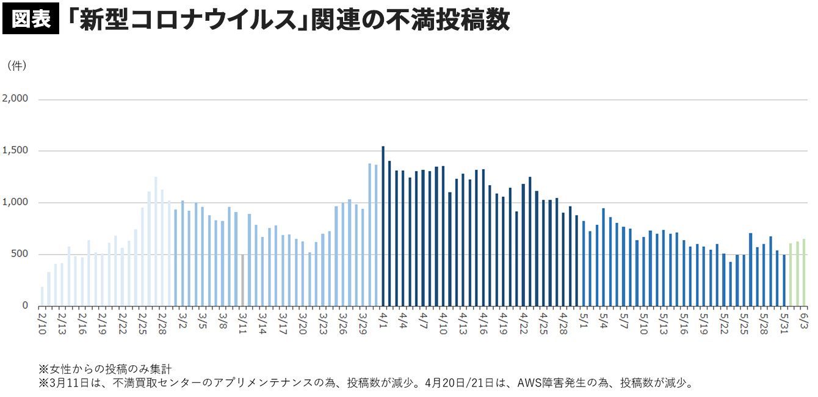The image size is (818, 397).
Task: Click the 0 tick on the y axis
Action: [x=24, y=305]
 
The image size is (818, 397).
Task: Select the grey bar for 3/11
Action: [x=242, y=280]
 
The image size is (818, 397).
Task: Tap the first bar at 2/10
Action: [x=42, y=296]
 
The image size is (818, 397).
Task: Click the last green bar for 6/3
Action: [x=803, y=272]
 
